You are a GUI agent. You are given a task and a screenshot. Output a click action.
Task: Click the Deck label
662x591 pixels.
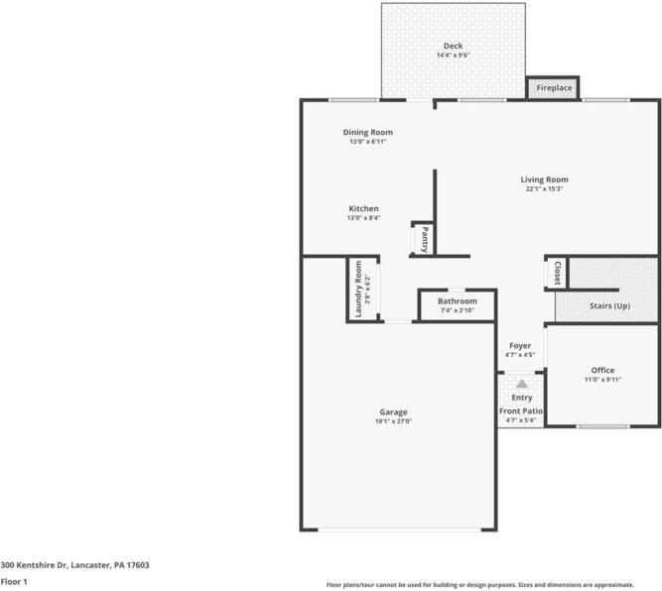453,46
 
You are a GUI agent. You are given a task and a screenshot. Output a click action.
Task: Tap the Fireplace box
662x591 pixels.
554,88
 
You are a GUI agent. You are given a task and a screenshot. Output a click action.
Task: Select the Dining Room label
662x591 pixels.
367,132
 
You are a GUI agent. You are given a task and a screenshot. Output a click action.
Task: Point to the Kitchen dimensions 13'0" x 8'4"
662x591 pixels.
363,218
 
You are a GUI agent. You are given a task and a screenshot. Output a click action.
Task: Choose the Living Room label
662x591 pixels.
544,179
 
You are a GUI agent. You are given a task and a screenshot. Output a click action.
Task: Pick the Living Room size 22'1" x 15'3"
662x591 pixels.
544,189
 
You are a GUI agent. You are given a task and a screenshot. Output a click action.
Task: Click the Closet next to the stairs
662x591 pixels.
557,274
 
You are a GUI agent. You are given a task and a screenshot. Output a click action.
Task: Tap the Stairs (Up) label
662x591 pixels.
609,305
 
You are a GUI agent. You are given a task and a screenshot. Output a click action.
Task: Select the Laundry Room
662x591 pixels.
359,290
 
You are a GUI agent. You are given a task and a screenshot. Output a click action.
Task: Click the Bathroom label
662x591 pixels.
458,301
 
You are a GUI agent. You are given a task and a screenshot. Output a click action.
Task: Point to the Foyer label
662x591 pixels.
520,345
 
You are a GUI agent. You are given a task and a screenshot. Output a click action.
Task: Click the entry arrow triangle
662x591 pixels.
521,382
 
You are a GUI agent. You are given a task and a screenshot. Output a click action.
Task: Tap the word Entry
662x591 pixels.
521,398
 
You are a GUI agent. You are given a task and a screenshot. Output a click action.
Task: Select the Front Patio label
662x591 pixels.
521,411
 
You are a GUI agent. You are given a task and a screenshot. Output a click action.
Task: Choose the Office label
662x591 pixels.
602,370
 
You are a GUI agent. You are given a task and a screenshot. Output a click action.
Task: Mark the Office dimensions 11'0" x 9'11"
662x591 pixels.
602,380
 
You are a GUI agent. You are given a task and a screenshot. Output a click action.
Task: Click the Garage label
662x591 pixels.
393,412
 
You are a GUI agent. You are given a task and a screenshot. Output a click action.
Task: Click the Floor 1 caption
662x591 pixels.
14,583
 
